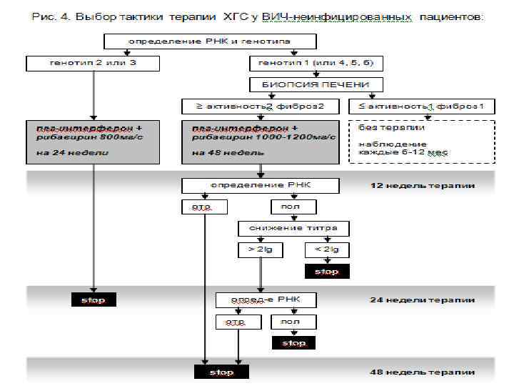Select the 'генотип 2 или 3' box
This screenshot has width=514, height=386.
point(94,63)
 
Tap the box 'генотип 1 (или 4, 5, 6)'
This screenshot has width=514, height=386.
point(315,63)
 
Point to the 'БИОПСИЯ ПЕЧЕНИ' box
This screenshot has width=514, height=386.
point(315,84)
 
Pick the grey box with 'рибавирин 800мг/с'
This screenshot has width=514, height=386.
point(94,141)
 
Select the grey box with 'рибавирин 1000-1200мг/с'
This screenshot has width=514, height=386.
point(261,141)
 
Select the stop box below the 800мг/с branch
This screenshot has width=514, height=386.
point(94,300)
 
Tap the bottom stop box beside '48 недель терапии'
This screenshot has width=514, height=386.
point(221,372)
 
